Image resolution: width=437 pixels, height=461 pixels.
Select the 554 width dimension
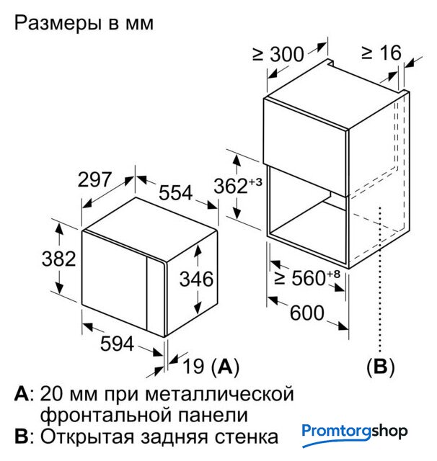175,193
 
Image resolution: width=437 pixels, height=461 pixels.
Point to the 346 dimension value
196,278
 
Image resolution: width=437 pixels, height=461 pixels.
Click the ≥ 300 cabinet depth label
277,53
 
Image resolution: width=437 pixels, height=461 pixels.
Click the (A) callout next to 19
225,367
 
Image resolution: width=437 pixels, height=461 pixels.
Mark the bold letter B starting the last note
21,437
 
